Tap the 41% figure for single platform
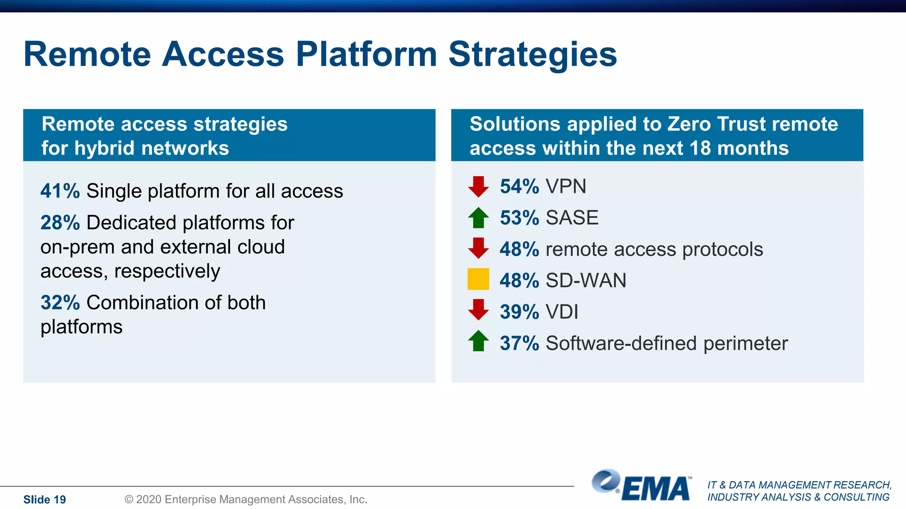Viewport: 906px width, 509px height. (60, 191)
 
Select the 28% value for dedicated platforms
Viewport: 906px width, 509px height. (60, 223)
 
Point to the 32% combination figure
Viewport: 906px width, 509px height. (60, 303)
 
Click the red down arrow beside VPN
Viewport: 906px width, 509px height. (478, 186)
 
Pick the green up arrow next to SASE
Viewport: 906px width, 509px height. (478, 218)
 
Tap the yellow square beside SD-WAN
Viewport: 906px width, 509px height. (478, 279)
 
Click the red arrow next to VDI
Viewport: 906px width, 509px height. (478, 310)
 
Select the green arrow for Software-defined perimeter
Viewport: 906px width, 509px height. (478, 341)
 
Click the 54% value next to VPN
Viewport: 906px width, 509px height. (519, 186)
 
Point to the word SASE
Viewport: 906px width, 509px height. (572, 218)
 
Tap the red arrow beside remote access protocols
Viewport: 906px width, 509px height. (478, 248)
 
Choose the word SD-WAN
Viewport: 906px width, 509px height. (586, 281)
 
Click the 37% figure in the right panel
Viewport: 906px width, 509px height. (519, 343)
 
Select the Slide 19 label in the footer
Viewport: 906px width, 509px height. (45, 500)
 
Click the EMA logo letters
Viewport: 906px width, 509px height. (656, 490)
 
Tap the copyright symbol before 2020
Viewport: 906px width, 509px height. (129, 500)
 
